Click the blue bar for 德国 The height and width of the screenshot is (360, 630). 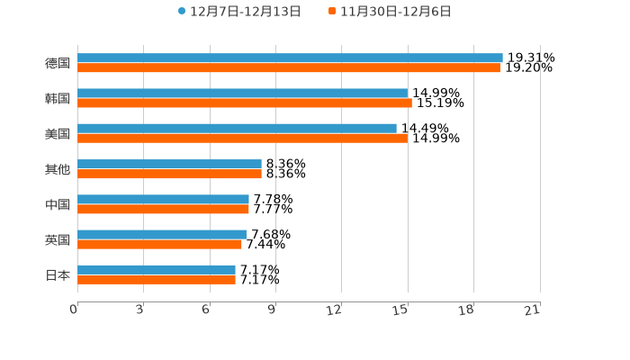(x=290, y=58)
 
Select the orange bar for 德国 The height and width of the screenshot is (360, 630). (x=289, y=67)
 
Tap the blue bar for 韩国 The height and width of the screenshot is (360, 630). (x=242, y=93)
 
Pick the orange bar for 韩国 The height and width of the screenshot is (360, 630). (x=245, y=103)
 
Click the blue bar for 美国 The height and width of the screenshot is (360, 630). (x=237, y=129)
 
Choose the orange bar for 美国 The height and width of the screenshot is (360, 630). (x=242, y=139)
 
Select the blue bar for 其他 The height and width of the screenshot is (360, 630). (x=169, y=164)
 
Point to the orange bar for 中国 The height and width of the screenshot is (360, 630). (x=163, y=209)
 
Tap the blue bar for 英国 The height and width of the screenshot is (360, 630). (x=162, y=234)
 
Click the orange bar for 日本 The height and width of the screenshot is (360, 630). (x=157, y=280)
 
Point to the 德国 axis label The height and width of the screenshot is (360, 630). (x=58, y=63)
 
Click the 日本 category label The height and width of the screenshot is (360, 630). (x=58, y=274)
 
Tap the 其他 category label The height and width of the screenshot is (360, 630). (x=58, y=169)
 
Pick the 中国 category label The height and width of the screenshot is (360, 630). (x=58, y=204)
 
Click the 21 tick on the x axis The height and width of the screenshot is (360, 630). (x=532, y=310)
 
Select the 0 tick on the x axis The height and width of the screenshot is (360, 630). (x=74, y=310)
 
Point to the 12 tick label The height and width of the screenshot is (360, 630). (x=334, y=310)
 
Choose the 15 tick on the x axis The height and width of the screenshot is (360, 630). (x=400, y=310)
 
